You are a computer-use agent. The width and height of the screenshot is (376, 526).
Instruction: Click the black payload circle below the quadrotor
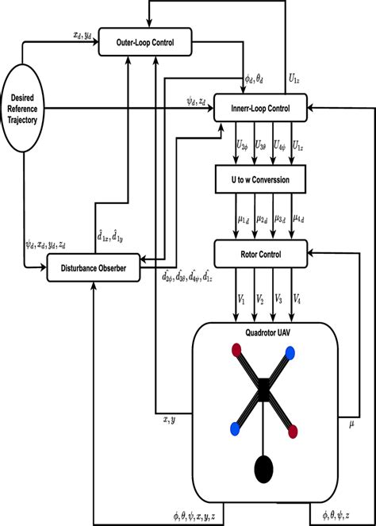pos(261,470)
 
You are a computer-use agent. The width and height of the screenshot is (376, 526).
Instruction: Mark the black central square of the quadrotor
pos(261,390)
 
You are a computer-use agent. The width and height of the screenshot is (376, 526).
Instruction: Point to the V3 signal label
pos(274,301)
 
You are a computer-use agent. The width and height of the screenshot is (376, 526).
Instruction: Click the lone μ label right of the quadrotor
pos(352,425)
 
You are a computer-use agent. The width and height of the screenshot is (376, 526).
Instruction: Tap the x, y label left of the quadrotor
pos(169,420)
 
